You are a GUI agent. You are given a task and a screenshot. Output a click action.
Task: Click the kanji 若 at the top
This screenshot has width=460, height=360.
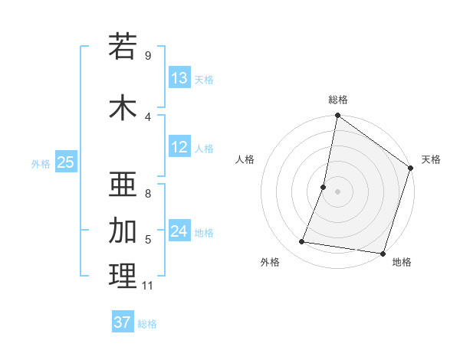pyautogui.click(x=123, y=47)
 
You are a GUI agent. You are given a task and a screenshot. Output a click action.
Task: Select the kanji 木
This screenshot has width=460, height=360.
pyautogui.click(x=123, y=108)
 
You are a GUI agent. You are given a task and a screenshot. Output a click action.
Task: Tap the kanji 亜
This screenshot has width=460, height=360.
pyautogui.click(x=123, y=184)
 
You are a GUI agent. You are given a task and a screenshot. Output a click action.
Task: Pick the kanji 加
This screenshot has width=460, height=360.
pyautogui.click(x=123, y=230)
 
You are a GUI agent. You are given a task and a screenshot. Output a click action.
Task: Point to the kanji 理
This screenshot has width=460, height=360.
pyautogui.click(x=123, y=276)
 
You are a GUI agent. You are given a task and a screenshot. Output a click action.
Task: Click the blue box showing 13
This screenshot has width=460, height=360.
pyautogui.click(x=179, y=78)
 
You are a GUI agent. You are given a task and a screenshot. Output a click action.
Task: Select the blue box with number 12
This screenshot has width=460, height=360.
pyautogui.click(x=179, y=147)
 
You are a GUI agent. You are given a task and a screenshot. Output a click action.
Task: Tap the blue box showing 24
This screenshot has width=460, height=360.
pyautogui.click(x=179, y=231)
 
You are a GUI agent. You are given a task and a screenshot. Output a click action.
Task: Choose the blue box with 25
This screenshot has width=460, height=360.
pyautogui.click(x=66, y=162)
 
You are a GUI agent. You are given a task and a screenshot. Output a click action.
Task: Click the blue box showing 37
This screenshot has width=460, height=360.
pyautogui.click(x=123, y=322)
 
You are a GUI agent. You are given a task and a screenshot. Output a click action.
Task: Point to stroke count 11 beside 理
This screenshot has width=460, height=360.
pyautogui.click(x=148, y=286)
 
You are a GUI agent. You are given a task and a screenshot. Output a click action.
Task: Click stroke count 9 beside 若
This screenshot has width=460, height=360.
pyautogui.click(x=148, y=56)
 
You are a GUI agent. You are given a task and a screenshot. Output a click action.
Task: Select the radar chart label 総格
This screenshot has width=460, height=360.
pyautogui.click(x=338, y=100)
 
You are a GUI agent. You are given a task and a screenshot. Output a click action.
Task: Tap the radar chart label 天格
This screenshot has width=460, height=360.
pyautogui.click(x=431, y=159)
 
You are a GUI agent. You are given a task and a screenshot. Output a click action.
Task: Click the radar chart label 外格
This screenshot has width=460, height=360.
pyautogui.click(x=270, y=263)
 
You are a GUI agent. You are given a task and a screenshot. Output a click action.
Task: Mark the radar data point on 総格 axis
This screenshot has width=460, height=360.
pyautogui.click(x=337, y=116)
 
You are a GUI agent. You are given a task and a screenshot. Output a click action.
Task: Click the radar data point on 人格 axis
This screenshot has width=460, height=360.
pyautogui.click(x=324, y=187)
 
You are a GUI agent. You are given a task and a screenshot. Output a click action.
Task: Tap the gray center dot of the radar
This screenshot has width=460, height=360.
pyautogui.click(x=337, y=191)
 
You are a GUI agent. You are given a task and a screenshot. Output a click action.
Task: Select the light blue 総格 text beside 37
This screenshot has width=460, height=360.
pyautogui.click(x=147, y=323)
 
